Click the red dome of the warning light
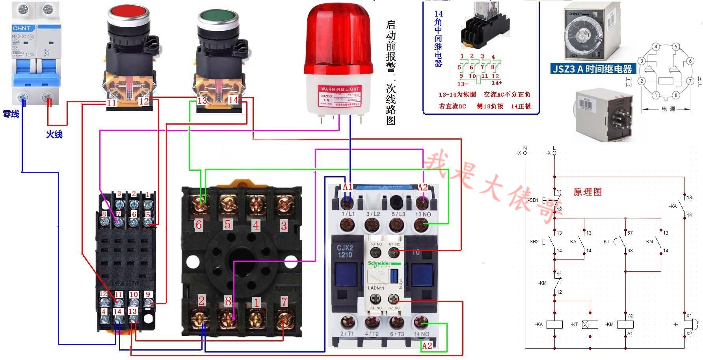pos(338,39)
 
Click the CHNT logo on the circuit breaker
pos(21,28)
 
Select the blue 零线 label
pos(11,114)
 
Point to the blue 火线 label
pos(54,134)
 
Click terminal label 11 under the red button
pos(112,103)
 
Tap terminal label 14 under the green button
pos(233,100)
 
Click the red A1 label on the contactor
pos(348,187)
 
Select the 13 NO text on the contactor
pos(423,214)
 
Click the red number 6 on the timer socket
pos(199,225)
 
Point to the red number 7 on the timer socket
pos(284,302)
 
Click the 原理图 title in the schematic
pos(587,192)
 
